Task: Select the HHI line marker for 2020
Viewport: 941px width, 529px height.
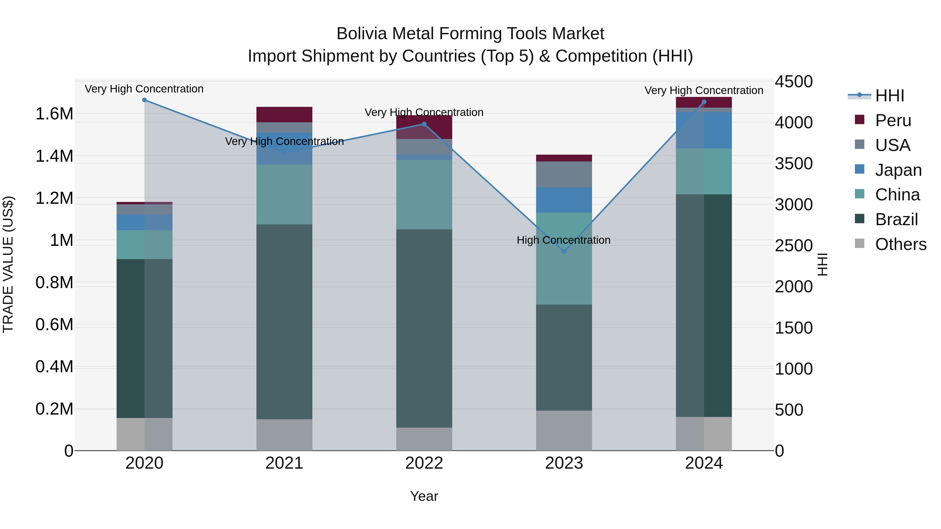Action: (144, 100)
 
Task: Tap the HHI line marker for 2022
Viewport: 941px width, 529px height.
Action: (424, 124)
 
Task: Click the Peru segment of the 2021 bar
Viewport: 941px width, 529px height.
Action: (284, 115)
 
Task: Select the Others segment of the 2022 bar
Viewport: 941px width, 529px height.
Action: (424, 439)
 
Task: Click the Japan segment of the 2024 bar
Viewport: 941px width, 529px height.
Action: (704, 130)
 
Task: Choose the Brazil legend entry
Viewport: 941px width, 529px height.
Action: (896, 219)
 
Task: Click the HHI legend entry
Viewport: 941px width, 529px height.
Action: (890, 96)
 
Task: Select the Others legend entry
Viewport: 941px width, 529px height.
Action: (900, 244)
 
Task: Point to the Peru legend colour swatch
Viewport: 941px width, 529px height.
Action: (859, 120)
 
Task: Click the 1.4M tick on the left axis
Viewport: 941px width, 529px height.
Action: (54, 156)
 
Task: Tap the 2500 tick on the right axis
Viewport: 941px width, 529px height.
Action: (793, 246)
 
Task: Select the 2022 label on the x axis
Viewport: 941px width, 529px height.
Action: (424, 463)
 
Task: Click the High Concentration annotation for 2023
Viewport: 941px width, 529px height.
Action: (563, 240)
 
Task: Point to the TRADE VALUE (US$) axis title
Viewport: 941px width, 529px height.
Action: (8, 264)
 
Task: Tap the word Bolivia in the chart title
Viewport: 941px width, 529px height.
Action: (362, 34)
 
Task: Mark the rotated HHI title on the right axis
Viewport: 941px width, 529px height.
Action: (822, 264)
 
